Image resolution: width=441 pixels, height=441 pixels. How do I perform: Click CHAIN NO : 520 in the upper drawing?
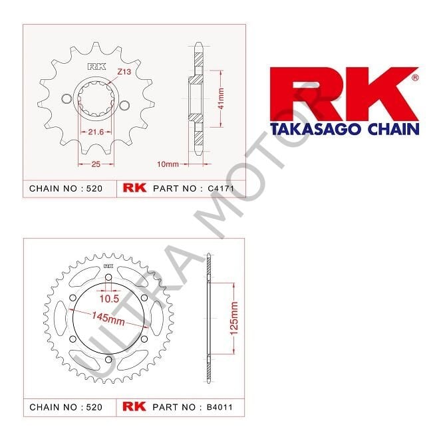pos(66,189)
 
